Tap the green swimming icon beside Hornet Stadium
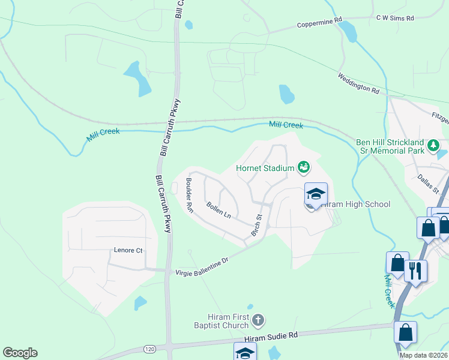pyautogui.click(x=303, y=167)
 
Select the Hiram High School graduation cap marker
pyautogui.click(x=316, y=195)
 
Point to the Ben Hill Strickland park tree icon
pyautogui.click(x=432, y=145)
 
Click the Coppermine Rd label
pyautogui.click(x=320, y=23)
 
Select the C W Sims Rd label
pyautogui.click(x=395, y=19)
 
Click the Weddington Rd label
pyautogui.click(x=358, y=83)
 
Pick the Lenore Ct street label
pyautogui.click(x=128, y=250)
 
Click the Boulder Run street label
pyautogui.click(x=189, y=196)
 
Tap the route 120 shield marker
pyautogui.click(x=149, y=348)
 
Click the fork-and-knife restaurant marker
pyautogui.click(x=415, y=271)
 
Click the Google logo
pyautogui.click(x=20, y=353)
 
